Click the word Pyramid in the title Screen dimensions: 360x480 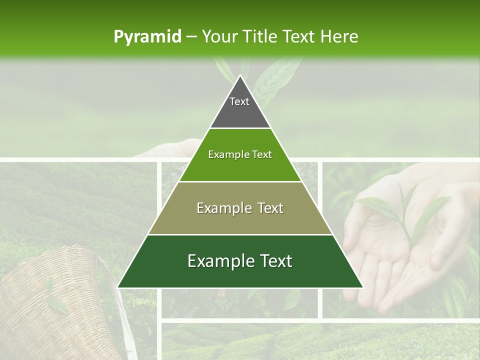[x=147, y=37]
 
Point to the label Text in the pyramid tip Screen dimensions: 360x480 [x=239, y=101]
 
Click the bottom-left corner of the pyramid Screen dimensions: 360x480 [x=118, y=287]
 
